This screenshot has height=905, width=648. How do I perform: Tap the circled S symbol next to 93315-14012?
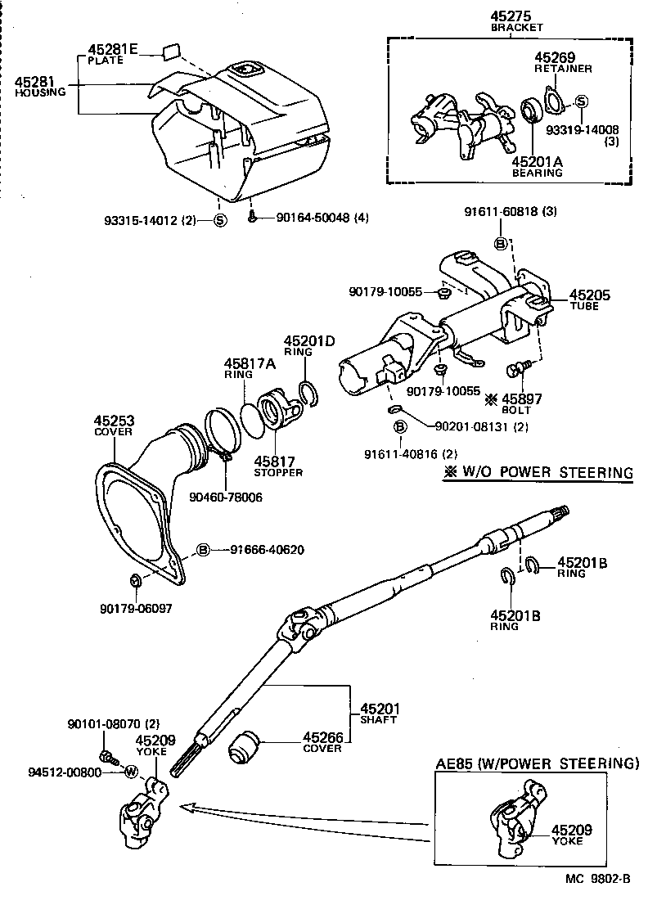(220, 218)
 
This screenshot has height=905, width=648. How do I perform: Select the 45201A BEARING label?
(538, 167)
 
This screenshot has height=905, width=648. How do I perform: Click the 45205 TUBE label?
(590, 299)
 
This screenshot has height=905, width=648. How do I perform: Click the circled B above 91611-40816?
(400, 427)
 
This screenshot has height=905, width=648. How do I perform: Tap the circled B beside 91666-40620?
(203, 549)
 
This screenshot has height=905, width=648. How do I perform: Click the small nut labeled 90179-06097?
(136, 581)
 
